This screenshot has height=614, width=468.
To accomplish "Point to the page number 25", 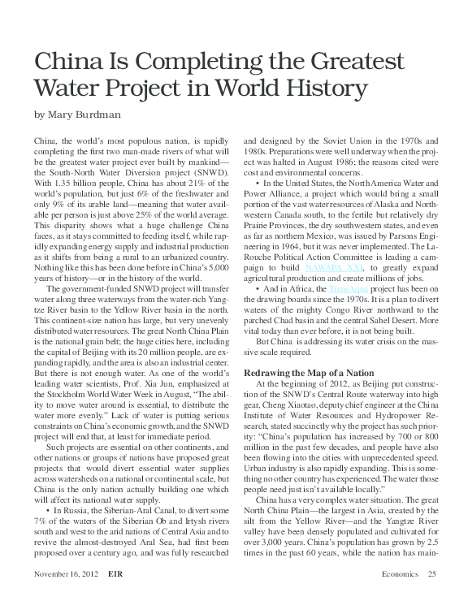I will (431, 597).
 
